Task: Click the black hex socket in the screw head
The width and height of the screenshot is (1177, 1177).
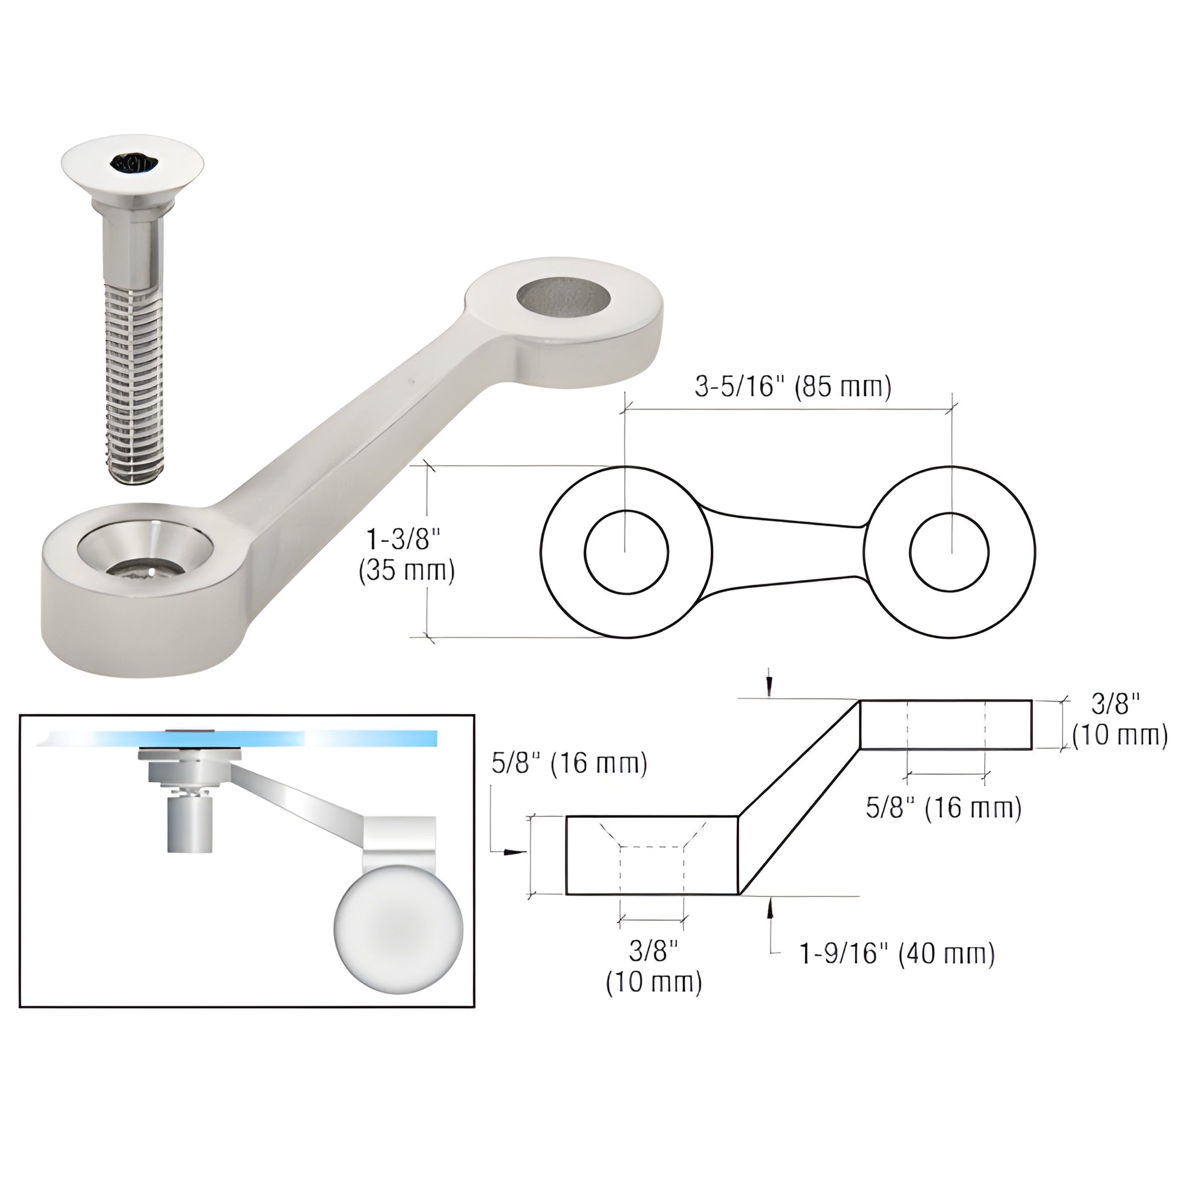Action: (134, 163)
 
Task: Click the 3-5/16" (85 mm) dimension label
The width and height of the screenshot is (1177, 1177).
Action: (792, 387)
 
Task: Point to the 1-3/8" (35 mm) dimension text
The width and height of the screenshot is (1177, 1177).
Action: (407, 556)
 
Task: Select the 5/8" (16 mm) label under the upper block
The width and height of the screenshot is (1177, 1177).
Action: (944, 809)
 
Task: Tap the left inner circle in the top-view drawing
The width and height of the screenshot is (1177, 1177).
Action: (626, 552)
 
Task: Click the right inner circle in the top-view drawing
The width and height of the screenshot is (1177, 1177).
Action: (950, 552)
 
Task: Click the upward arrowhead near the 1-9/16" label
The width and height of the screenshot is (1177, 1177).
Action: (769, 911)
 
